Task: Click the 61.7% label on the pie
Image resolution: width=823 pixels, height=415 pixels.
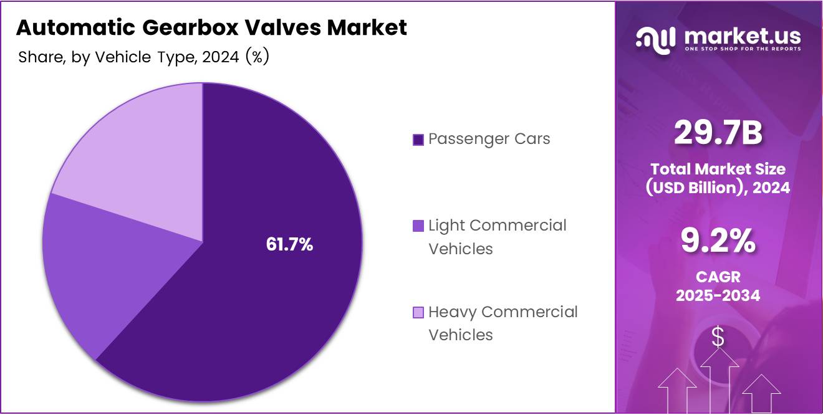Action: pyautogui.click(x=289, y=245)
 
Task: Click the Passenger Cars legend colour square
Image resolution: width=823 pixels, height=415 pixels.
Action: pyautogui.click(x=418, y=140)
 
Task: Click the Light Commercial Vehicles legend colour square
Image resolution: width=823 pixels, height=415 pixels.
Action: pyautogui.click(x=418, y=226)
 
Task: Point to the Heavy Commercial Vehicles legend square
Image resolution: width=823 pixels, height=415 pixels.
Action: pyautogui.click(x=418, y=312)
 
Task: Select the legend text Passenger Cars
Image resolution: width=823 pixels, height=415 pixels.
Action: pyautogui.click(x=489, y=139)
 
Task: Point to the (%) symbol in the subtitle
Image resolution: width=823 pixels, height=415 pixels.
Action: pyautogui.click(x=257, y=57)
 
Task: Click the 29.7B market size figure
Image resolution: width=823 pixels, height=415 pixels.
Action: pyautogui.click(x=718, y=134)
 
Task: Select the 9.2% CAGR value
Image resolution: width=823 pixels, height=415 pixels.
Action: pyautogui.click(x=718, y=241)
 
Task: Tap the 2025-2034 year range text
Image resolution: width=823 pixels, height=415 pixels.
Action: pyautogui.click(x=718, y=295)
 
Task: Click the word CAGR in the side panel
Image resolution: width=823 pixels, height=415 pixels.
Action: pyautogui.click(x=718, y=277)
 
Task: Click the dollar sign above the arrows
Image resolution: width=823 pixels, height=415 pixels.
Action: pyautogui.click(x=718, y=337)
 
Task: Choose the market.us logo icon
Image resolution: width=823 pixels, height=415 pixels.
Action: pyautogui.click(x=655, y=39)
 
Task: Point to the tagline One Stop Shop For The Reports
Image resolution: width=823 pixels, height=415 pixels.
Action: pyautogui.click(x=743, y=49)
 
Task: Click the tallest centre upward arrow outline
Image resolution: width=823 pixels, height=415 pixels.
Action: pyautogui.click(x=720, y=380)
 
